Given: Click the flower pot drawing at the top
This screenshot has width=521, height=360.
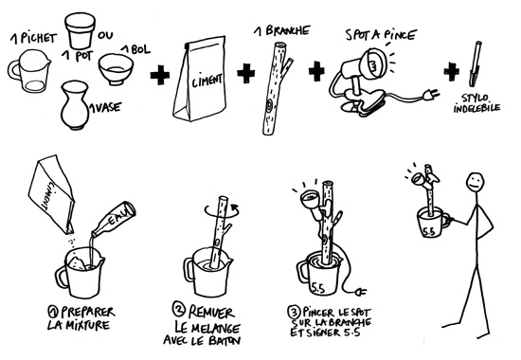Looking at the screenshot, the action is coord(81,30).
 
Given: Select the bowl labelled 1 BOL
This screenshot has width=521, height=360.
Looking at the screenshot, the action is coord(116,69).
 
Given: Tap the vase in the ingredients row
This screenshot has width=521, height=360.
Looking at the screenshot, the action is coord(76,105).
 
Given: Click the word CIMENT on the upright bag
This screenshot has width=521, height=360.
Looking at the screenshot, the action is coord(207,81).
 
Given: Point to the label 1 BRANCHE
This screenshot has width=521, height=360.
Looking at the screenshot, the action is coord(281,31).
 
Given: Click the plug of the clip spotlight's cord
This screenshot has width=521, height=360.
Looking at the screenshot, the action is coord(432,96).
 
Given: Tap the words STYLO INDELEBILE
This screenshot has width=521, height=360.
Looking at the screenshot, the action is coord(476,103).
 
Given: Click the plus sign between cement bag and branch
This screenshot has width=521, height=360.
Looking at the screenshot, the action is coord(246,73).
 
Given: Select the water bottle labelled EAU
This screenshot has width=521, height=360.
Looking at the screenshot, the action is coord(114,219).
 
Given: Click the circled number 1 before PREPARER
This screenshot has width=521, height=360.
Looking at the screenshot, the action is coord(53,312).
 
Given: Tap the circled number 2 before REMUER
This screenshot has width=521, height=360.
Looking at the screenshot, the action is coord(178,309).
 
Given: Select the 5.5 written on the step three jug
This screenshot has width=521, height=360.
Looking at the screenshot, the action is coord(318,289).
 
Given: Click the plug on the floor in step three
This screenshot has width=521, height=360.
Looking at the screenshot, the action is coord(361,292).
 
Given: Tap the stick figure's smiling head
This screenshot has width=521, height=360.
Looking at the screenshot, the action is coord(476,183).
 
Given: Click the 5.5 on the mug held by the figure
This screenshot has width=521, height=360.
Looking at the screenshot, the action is coord(428,231).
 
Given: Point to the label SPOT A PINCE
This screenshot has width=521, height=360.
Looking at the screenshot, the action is coord(381,34).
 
